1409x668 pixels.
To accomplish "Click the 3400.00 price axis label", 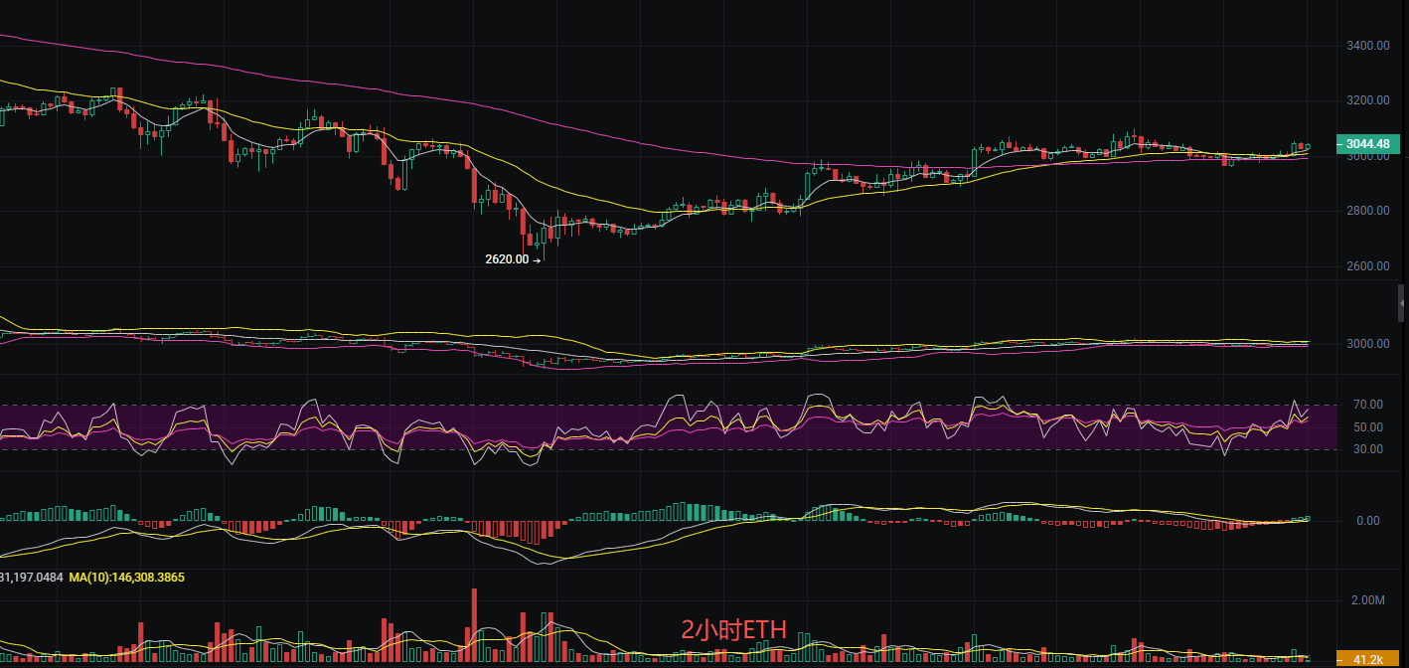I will [x=1367, y=46].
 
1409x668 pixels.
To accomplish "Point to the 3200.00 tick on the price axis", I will [x=1367, y=100].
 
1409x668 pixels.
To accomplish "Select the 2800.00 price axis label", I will [x=1367, y=211].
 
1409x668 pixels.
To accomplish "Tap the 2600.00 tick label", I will [x=1367, y=266].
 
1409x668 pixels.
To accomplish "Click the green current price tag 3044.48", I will [x=1368, y=144].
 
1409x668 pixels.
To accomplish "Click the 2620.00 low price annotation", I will [x=507, y=259].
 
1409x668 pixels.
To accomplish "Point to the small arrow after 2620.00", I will [x=538, y=260].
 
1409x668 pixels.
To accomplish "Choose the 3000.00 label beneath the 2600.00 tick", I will [x=1367, y=344].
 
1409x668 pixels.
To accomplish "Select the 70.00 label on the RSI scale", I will [x=1367, y=405].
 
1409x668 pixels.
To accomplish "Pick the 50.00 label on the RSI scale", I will [x=1367, y=427].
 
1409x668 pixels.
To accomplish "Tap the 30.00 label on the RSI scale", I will [x=1367, y=449].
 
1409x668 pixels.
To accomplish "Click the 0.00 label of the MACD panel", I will [x=1367, y=521].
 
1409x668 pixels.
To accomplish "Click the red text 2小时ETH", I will [x=733, y=629].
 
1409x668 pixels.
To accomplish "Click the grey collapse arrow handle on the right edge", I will [x=1401, y=301].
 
